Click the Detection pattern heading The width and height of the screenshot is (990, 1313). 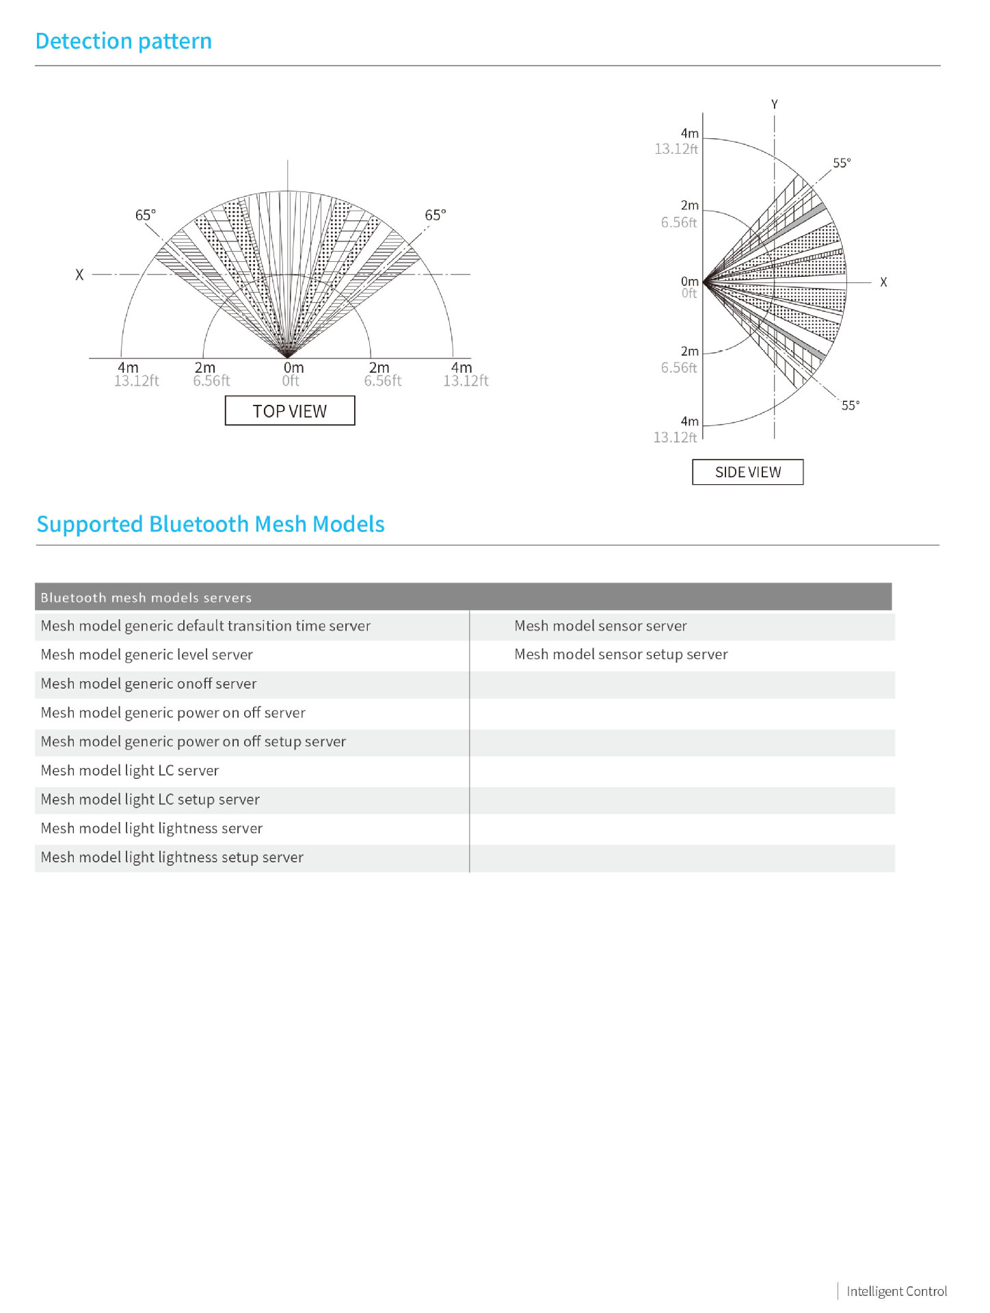click(x=123, y=41)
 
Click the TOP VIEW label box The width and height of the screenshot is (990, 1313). click(x=290, y=411)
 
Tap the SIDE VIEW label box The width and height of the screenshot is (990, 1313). click(x=747, y=472)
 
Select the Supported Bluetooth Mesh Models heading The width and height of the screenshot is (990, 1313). click(x=210, y=524)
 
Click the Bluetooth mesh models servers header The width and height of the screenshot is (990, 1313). click(x=146, y=597)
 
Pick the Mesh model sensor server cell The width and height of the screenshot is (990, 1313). click(x=600, y=626)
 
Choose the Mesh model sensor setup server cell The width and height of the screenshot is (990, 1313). click(x=621, y=654)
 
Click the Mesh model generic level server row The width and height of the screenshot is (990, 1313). click(x=146, y=654)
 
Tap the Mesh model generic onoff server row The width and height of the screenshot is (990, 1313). click(x=148, y=684)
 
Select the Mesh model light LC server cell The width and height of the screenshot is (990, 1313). click(x=129, y=771)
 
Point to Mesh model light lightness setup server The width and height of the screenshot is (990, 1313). click(x=172, y=858)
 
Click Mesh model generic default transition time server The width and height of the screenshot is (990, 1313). click(x=205, y=626)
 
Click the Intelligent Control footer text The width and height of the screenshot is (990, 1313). click(x=896, y=1291)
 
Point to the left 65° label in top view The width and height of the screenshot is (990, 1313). click(x=146, y=215)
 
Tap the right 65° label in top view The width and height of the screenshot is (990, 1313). click(x=436, y=215)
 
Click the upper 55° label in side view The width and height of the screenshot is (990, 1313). click(x=842, y=163)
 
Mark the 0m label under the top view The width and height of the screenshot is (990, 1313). click(x=293, y=368)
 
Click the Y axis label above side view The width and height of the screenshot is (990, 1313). click(x=775, y=105)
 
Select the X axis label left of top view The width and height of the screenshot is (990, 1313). click(x=79, y=275)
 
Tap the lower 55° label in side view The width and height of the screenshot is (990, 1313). click(x=851, y=405)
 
